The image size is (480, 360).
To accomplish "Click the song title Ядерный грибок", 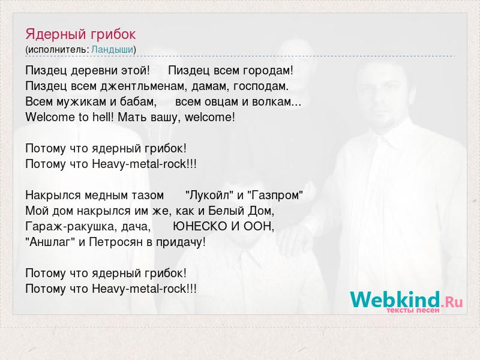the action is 80,34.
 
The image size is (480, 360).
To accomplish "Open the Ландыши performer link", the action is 112,50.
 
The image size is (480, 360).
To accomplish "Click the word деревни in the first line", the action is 95,71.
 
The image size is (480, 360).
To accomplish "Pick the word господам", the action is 261,86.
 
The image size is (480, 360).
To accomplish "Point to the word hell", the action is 103,117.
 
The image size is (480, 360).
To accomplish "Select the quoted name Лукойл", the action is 209,195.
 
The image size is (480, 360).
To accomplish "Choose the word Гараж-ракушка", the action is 70,227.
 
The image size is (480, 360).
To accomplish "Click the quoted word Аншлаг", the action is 50,242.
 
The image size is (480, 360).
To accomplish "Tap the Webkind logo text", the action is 406,299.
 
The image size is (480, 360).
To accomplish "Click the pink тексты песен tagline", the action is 413,310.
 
